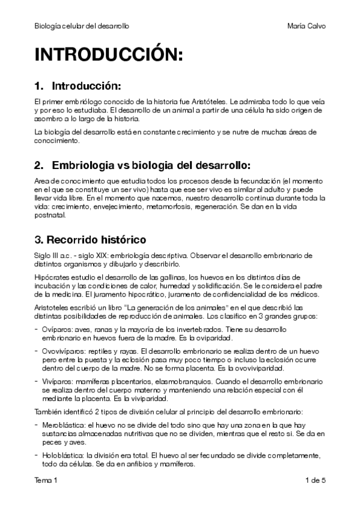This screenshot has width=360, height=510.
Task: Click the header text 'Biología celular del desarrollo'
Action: [x=82, y=26]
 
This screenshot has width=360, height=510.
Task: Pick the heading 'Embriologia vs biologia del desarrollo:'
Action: [x=150, y=165]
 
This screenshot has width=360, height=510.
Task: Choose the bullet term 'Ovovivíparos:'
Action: [x=63, y=351]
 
